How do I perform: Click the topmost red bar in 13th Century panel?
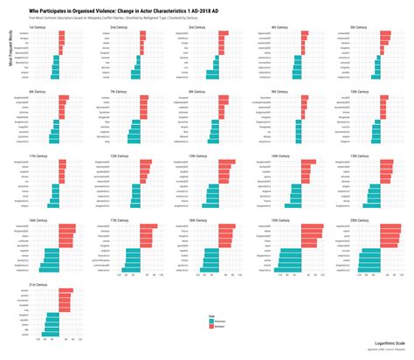[223, 162]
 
